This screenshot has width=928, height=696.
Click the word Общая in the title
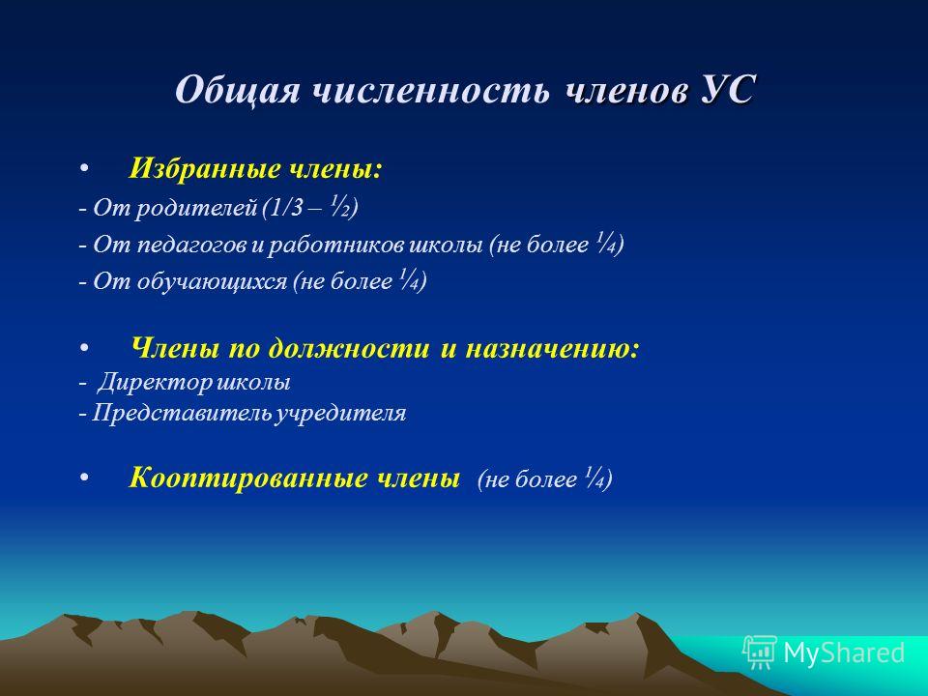click(237, 91)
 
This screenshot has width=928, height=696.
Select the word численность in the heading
click(430, 91)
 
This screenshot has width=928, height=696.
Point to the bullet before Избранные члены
click(85, 169)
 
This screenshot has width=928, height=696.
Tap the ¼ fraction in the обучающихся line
click(410, 280)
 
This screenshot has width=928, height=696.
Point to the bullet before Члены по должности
click(85, 348)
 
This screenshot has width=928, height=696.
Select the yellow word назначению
click(552, 348)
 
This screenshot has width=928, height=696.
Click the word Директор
click(155, 383)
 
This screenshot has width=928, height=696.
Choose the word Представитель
click(183, 413)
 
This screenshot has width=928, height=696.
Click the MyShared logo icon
click(760, 652)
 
